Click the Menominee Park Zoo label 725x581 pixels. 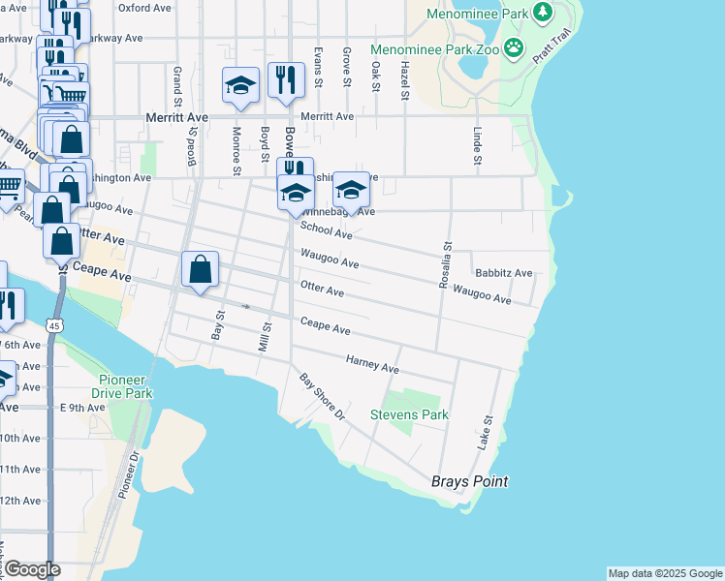pyautogui.click(x=436, y=48)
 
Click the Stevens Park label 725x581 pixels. pyautogui.click(x=409, y=414)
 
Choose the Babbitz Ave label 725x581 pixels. pyautogui.click(x=503, y=274)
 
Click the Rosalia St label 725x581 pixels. pyautogui.click(x=446, y=263)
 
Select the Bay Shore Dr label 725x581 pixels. pyautogui.click(x=322, y=396)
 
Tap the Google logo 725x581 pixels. pyautogui.click(x=31, y=569)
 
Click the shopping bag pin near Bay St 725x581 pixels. pyautogui.click(x=200, y=270)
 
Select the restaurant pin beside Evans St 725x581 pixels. pyautogui.click(x=285, y=81)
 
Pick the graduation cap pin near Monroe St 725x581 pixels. pyautogui.click(x=239, y=85)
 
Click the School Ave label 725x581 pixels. pyautogui.click(x=326, y=229)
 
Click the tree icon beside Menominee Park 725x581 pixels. pyautogui.click(x=543, y=14)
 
